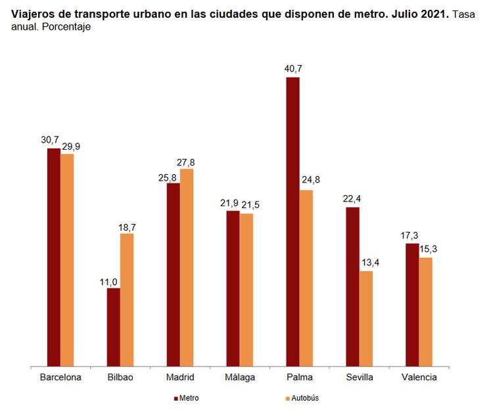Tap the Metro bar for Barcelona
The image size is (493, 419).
point(54,257)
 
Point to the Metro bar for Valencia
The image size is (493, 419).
point(412,305)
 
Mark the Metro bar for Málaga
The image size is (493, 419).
point(233,288)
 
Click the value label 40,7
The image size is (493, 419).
point(293,68)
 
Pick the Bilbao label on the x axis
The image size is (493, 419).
point(120,378)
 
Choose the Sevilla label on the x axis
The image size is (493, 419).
point(359,378)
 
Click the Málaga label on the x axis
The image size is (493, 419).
point(239,378)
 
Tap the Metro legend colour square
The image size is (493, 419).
point(176,398)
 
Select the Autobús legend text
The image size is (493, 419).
point(306,398)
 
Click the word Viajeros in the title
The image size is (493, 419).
point(34,14)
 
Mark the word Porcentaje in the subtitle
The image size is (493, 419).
point(66,28)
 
